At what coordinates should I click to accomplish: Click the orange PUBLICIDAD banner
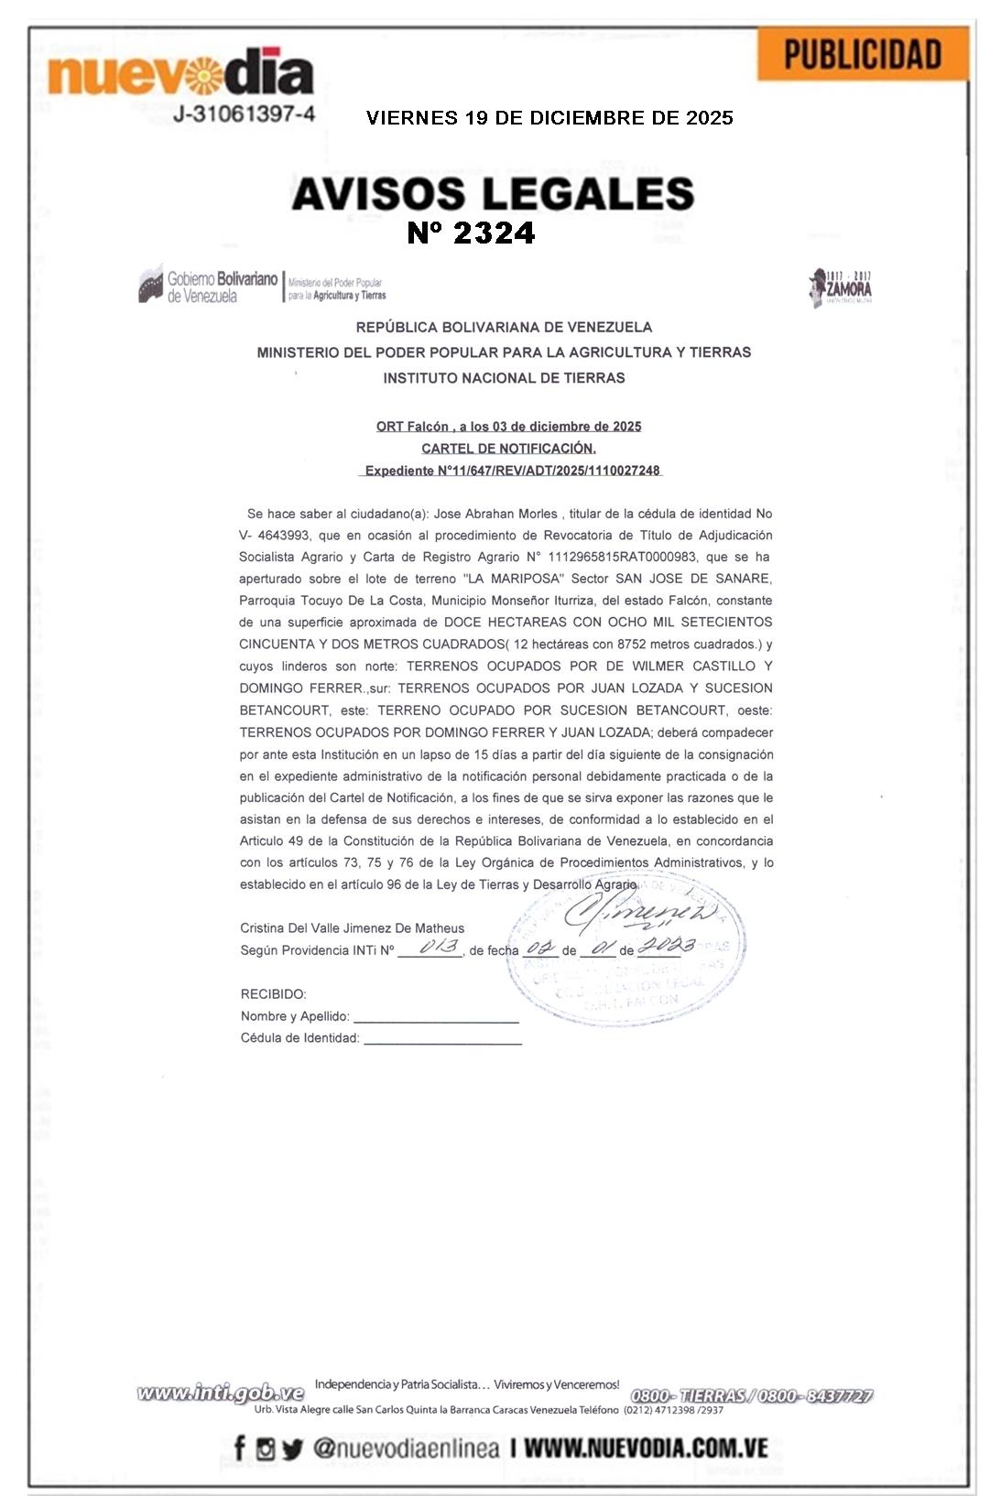click(862, 54)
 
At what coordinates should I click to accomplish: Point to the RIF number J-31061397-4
click(244, 114)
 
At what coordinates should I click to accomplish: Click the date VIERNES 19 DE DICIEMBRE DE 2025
click(549, 118)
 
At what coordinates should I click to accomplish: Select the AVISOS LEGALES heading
click(493, 193)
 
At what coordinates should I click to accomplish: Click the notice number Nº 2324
click(471, 233)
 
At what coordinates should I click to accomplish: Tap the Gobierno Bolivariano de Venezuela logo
click(209, 286)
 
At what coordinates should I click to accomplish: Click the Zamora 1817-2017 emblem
click(840, 287)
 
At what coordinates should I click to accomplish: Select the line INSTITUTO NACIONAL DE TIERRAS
click(504, 378)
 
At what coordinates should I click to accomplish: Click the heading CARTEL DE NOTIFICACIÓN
click(508, 449)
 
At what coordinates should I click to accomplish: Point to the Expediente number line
click(512, 471)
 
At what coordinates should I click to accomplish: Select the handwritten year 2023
click(666, 946)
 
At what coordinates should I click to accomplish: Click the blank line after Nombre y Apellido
click(436, 1017)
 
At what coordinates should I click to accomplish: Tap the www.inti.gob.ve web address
click(220, 1393)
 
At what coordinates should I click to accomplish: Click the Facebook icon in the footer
click(240, 1448)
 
